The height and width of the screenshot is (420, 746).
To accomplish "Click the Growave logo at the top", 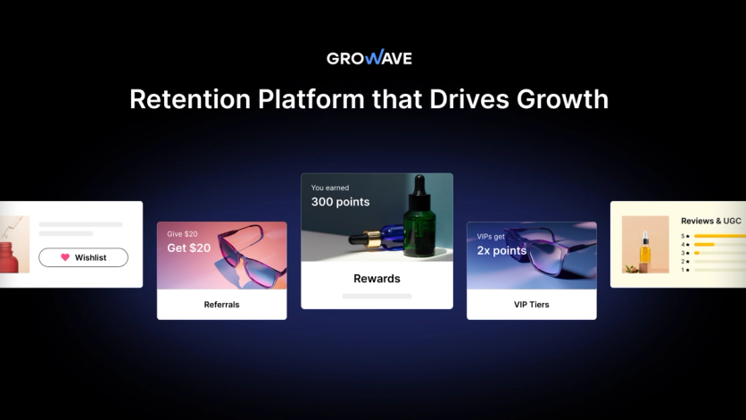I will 369,58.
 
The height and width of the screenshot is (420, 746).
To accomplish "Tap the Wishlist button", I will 83,257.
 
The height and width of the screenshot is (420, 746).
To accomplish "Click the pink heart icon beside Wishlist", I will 65,257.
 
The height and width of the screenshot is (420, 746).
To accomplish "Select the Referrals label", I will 221,305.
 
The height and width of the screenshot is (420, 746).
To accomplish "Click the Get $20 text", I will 189,248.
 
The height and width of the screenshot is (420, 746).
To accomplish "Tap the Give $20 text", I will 183,234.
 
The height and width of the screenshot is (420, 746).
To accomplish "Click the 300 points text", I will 340,202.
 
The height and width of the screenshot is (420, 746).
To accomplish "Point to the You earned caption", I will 330,188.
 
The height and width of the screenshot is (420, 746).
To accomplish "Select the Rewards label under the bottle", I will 377,279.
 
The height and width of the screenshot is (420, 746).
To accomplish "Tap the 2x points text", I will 502,250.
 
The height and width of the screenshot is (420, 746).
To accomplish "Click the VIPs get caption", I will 492,237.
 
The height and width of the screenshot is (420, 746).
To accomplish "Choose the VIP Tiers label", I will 531,305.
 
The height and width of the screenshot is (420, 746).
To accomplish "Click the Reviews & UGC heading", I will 710,221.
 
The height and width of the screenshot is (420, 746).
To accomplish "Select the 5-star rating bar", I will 718,236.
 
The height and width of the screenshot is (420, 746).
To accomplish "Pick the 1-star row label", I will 684,270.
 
